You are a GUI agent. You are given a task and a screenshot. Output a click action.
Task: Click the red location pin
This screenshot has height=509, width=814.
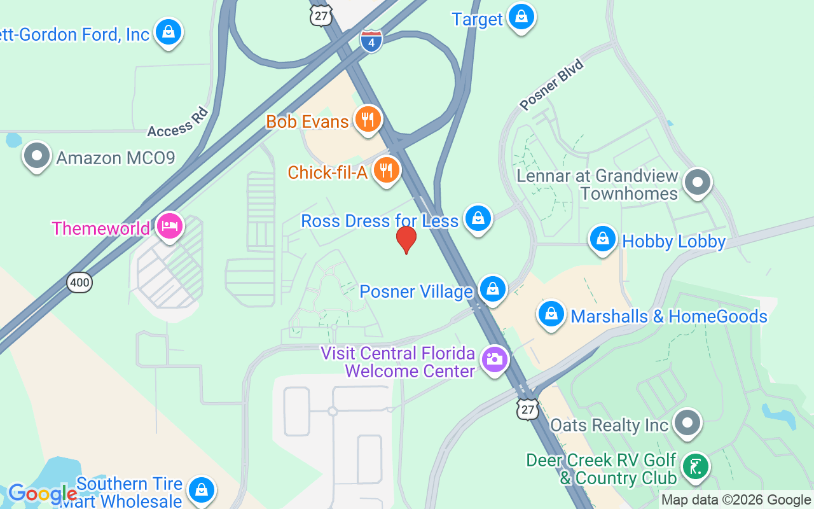(406, 240)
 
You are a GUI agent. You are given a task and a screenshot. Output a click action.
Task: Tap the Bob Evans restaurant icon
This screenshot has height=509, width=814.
(368, 118)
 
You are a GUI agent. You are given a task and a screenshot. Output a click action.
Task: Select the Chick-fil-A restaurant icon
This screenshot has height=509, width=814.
(386, 170)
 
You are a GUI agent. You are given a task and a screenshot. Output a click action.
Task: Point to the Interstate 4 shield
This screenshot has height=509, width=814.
(371, 40)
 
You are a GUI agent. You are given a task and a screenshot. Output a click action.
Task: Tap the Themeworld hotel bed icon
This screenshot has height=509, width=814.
(170, 226)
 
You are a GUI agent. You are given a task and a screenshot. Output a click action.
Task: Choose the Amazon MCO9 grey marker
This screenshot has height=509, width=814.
(36, 155)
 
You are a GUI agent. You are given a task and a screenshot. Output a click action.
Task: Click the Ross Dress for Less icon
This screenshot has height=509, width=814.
(478, 219)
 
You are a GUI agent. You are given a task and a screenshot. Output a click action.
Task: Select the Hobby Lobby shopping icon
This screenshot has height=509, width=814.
(602, 240)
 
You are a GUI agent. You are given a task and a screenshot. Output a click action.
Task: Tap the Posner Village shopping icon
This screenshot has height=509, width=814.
(492, 289)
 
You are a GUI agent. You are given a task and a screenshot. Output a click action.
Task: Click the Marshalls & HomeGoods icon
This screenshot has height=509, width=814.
(551, 314)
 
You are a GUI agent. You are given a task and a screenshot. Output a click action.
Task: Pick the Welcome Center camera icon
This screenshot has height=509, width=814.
(495, 359)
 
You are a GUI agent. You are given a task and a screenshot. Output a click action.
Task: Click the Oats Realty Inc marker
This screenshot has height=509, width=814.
(686, 422)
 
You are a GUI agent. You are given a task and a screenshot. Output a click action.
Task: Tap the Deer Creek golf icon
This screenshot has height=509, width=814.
(696, 467)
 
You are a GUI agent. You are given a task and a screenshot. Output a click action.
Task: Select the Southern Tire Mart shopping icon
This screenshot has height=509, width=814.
(201, 491)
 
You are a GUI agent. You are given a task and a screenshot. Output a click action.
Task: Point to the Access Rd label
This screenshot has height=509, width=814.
(178, 122)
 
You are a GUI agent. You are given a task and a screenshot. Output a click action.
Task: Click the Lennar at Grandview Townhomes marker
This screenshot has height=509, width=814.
(698, 183)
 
